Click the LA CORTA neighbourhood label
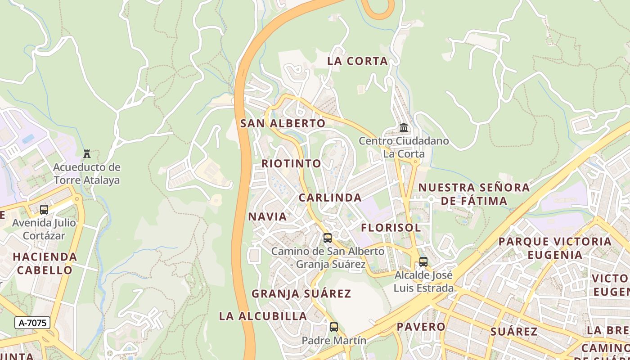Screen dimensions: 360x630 click(x=357, y=61)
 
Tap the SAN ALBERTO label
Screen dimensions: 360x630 click(x=283, y=123)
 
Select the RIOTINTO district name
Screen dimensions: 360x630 click(x=292, y=163)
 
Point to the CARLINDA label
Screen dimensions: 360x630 click(x=330, y=198)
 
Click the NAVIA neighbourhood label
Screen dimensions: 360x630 click(x=267, y=216)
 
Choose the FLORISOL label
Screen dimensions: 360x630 click(x=391, y=228)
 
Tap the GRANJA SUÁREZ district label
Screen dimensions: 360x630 click(x=301, y=294)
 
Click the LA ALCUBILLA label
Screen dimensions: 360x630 click(x=263, y=316)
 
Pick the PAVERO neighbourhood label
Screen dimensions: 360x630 click(x=421, y=327)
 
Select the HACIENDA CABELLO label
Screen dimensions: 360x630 click(x=45, y=264)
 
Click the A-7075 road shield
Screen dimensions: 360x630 click(x=32, y=323)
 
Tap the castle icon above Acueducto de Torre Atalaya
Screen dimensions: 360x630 click(x=87, y=154)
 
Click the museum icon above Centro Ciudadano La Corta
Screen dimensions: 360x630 click(x=404, y=128)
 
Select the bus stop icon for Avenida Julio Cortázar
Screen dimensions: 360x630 click(x=44, y=210)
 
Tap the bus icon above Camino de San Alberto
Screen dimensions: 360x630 click(x=328, y=238)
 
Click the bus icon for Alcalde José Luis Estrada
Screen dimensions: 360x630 click(x=423, y=262)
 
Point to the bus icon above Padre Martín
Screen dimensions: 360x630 click(x=334, y=327)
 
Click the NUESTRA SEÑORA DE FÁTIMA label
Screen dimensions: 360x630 click(x=474, y=194)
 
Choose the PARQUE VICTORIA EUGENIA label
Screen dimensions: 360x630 click(x=555, y=248)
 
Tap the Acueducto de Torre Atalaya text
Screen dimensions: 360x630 click(x=87, y=174)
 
